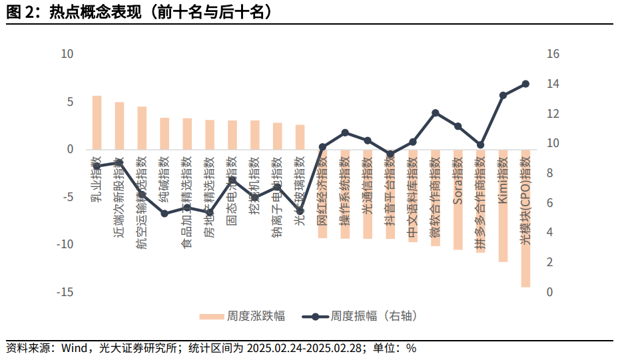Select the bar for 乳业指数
pyautogui.click(x=97, y=122)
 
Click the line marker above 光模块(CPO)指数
pyautogui.click(x=525, y=84)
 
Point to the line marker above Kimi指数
pyautogui.click(x=503, y=96)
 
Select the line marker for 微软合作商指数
pyautogui.click(x=436, y=113)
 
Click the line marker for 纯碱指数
pyautogui.click(x=164, y=214)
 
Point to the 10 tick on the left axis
pyautogui.click(x=67, y=54)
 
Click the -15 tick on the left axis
pyautogui.click(x=65, y=292)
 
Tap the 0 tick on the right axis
pyautogui.click(x=549, y=292)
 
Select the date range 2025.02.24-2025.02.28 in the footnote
pyautogui.click(x=304, y=348)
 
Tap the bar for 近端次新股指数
pyautogui.click(x=119, y=126)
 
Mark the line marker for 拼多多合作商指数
pyautogui.click(x=480, y=145)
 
